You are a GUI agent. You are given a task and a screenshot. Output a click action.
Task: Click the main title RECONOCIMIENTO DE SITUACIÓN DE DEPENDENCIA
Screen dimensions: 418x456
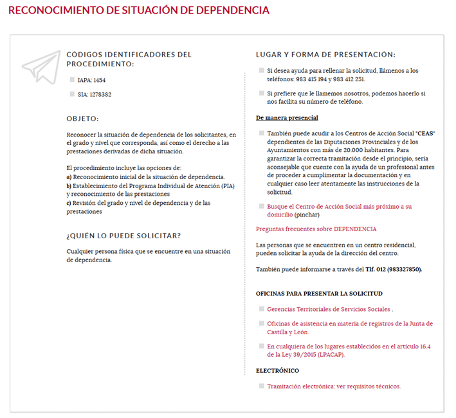[x=139, y=11]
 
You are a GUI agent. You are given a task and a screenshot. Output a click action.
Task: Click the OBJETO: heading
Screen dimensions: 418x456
[x=82, y=119]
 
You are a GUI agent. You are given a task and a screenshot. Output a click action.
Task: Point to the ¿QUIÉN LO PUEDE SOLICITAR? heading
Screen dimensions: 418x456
[x=123, y=235]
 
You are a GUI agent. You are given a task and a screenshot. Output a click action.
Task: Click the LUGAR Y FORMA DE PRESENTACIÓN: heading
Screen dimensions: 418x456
[x=325, y=55]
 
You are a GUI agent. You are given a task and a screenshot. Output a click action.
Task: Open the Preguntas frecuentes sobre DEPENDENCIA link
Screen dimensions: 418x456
[x=316, y=229]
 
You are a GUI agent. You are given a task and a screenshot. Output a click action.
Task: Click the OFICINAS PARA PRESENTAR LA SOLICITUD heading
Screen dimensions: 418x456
[x=319, y=293]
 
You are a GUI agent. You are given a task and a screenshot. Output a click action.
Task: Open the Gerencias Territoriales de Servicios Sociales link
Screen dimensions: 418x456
[x=328, y=309]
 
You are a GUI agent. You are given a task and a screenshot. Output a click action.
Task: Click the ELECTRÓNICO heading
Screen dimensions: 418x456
[x=277, y=370]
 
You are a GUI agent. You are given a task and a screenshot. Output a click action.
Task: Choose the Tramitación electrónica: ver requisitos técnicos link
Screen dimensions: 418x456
[x=334, y=386]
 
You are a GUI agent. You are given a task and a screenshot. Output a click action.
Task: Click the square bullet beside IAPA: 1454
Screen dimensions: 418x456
[x=71, y=80]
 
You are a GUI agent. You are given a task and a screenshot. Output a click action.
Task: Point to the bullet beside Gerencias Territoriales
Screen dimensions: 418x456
[x=261, y=309]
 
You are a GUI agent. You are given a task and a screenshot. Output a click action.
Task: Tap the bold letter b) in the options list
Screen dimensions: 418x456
[x=69, y=185]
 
